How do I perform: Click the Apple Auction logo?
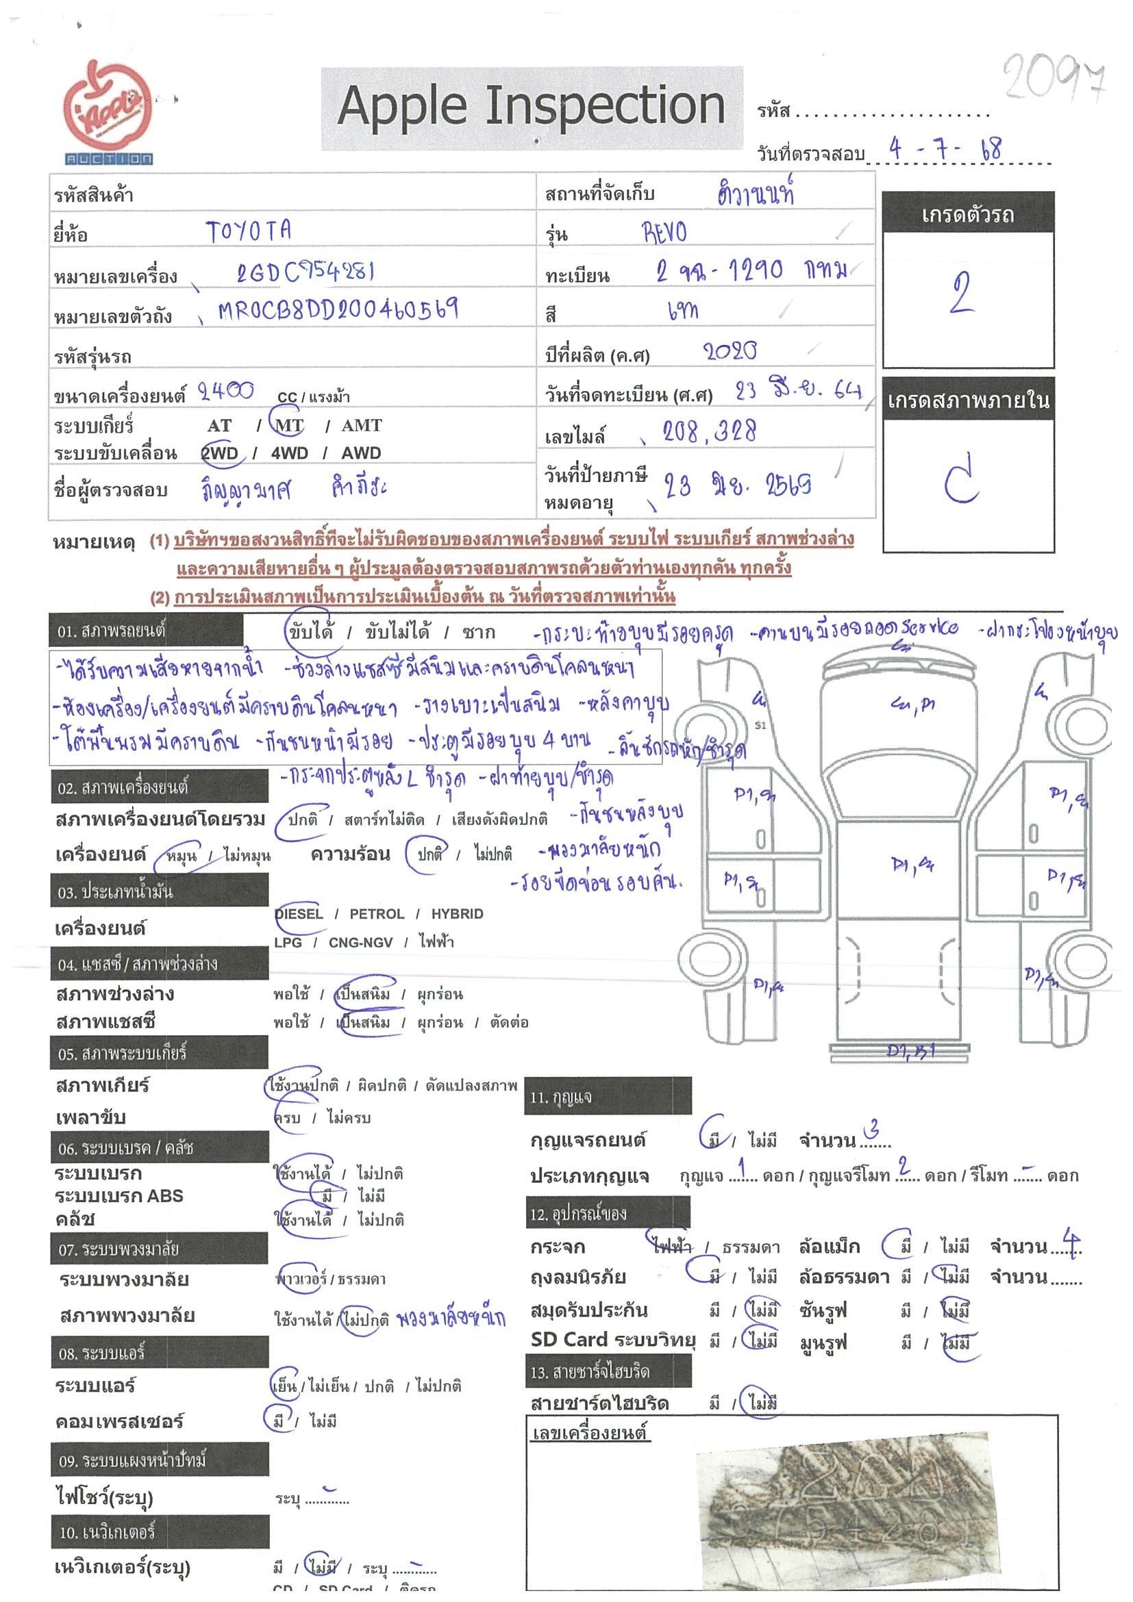(108, 112)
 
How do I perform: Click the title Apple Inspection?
(531, 107)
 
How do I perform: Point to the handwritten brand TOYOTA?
(249, 231)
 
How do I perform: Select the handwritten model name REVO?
(664, 231)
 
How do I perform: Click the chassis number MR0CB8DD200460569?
(338, 309)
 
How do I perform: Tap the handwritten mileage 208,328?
(709, 433)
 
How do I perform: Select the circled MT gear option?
(289, 425)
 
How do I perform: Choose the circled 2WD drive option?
(220, 453)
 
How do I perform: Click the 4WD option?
(289, 453)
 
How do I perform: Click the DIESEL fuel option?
(299, 913)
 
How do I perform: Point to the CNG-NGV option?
(360, 942)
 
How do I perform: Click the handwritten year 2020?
(730, 351)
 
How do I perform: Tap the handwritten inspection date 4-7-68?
(945, 149)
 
